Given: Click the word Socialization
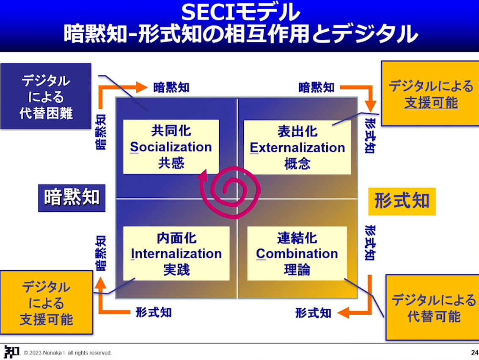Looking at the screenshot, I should (x=171, y=147).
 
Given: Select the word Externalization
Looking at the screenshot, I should (x=297, y=147).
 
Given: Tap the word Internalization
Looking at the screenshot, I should (x=176, y=254).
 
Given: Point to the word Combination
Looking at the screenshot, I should (x=297, y=254).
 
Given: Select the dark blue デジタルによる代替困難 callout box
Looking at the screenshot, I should (x=46, y=96).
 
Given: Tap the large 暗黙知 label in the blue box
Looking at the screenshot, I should (x=72, y=197).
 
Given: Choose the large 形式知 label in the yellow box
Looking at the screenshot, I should (x=402, y=201).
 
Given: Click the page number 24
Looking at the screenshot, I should (x=474, y=352).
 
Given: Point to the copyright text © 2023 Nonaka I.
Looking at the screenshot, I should (x=68, y=353).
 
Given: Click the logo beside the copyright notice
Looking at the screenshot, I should (x=11, y=352).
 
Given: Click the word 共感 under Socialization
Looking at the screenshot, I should (x=171, y=163).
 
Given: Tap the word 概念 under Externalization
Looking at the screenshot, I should (x=297, y=163).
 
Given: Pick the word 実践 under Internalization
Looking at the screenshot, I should (x=176, y=270).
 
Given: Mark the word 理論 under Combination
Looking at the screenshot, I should (x=297, y=270).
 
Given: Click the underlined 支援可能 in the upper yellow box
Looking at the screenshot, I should (x=431, y=103).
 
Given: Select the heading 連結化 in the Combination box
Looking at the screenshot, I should (x=297, y=238).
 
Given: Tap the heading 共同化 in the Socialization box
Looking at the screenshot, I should (x=171, y=131).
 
